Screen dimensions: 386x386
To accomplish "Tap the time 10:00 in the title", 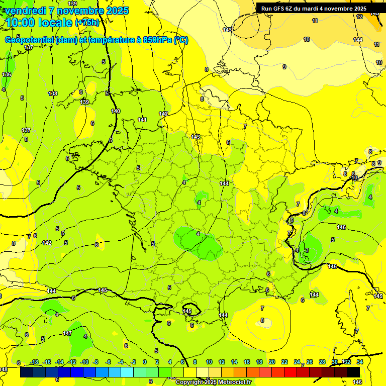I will point(21,23).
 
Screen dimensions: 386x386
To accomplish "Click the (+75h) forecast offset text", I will point(87,23).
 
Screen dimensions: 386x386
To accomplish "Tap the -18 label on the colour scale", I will point(35,362).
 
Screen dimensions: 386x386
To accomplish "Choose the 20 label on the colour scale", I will point(271,362).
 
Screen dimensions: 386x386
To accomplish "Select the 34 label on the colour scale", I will point(360,362).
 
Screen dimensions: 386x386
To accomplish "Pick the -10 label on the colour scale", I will point(84,362).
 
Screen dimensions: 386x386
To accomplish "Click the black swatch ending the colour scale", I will point(353,372).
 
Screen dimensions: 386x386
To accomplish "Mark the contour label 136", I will point(7,74).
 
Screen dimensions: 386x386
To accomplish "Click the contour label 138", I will point(53,93).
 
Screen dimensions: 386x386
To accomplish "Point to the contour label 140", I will point(116,111).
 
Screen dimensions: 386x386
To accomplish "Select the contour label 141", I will point(142,120).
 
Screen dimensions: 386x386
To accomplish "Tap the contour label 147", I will point(67,334).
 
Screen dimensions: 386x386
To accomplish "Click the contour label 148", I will point(4,370).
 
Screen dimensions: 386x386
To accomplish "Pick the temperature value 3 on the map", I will point(307,250).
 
